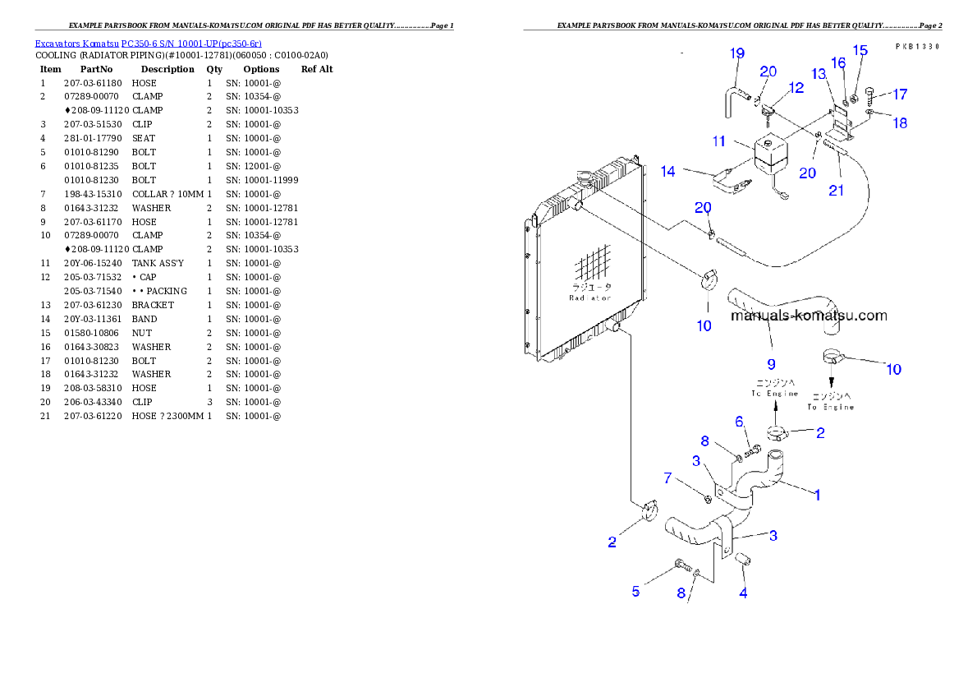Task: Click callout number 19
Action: coord(737,54)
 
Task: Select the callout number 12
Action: coord(796,88)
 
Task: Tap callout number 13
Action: coord(819,75)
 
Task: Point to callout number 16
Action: coord(838,63)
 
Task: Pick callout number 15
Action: coord(860,51)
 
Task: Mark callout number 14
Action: coord(668,172)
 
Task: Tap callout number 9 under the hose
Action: coord(770,362)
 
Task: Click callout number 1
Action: coord(817,495)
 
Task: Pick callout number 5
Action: coord(635,591)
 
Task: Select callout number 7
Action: coord(668,477)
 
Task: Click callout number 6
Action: coord(739,422)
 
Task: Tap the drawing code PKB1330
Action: coord(917,47)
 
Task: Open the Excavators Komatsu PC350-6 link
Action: coord(148,44)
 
